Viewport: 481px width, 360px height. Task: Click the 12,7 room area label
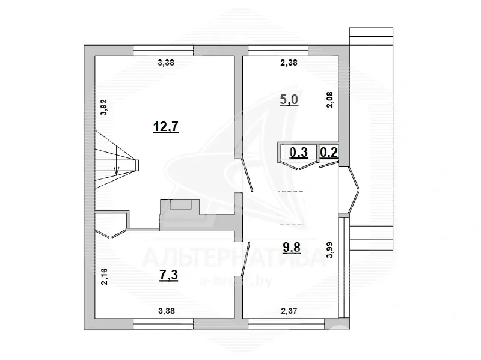click(x=167, y=127)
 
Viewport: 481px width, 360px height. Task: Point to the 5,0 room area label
click(x=289, y=99)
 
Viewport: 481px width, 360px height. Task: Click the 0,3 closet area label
click(x=299, y=153)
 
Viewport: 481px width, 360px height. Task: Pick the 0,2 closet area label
click(x=329, y=153)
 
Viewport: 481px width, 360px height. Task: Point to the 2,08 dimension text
click(x=329, y=99)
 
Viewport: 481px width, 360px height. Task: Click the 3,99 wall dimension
click(x=329, y=249)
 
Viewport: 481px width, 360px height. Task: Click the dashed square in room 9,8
click(x=291, y=207)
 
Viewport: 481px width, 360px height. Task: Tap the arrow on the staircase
click(x=116, y=168)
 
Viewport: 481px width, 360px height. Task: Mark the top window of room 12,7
click(x=163, y=50)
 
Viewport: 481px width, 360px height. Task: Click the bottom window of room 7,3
click(x=163, y=325)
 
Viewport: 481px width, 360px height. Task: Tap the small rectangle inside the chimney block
click(x=179, y=204)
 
